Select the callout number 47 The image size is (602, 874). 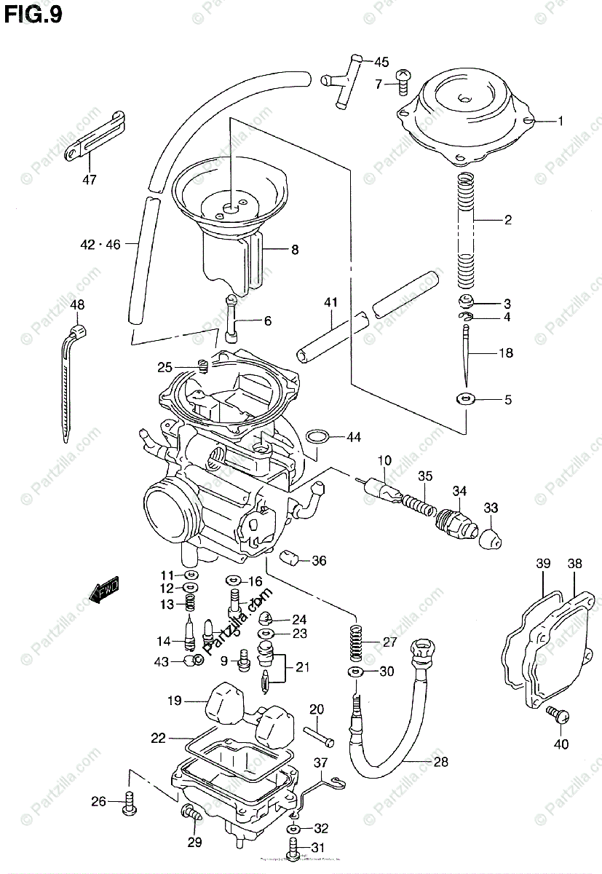(x=89, y=178)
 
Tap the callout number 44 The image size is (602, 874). (x=353, y=437)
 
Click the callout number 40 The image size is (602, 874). (x=561, y=744)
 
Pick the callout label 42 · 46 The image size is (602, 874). (x=100, y=245)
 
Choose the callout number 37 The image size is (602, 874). (x=322, y=762)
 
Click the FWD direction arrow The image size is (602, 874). (x=104, y=591)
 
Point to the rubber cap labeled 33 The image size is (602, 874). (x=491, y=537)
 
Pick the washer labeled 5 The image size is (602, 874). (x=464, y=398)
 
